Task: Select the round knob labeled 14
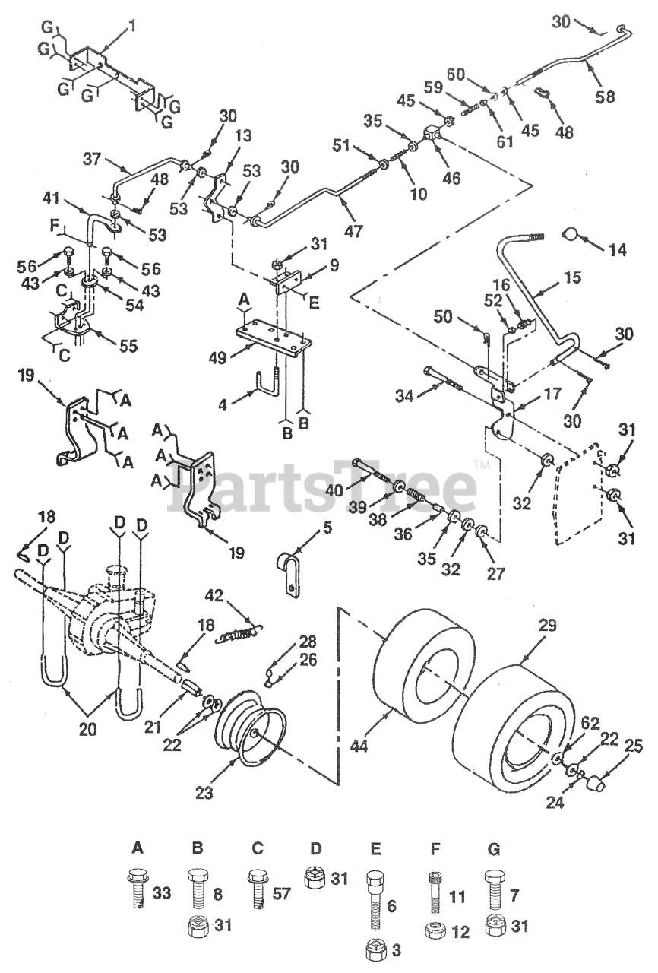pos(572,232)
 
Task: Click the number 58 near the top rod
pos(606,97)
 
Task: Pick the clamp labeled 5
pos(289,576)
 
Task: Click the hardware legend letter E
pos(375,847)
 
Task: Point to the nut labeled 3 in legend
pos(375,950)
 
